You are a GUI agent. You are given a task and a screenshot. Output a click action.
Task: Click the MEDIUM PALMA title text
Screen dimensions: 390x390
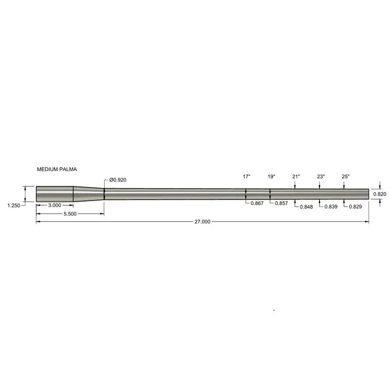[x=57, y=170]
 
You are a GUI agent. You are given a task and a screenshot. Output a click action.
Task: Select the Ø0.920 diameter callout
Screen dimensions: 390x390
[x=118, y=180]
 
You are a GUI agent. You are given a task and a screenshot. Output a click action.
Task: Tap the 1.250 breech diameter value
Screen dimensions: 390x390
[x=14, y=206]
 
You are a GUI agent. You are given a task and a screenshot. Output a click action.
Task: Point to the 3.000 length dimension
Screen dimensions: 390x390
[x=54, y=205]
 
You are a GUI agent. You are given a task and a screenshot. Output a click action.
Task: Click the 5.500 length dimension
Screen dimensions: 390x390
[x=70, y=214]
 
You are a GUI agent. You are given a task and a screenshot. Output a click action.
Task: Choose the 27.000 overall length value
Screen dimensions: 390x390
[x=203, y=221]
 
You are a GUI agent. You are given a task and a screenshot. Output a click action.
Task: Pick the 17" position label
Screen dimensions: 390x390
[x=246, y=177]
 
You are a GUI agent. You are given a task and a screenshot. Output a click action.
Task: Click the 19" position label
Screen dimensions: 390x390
[x=271, y=177]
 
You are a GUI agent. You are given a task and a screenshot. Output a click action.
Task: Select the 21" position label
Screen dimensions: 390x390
[x=296, y=177]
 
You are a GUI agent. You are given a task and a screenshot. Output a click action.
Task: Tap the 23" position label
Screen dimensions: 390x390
[x=321, y=177]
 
